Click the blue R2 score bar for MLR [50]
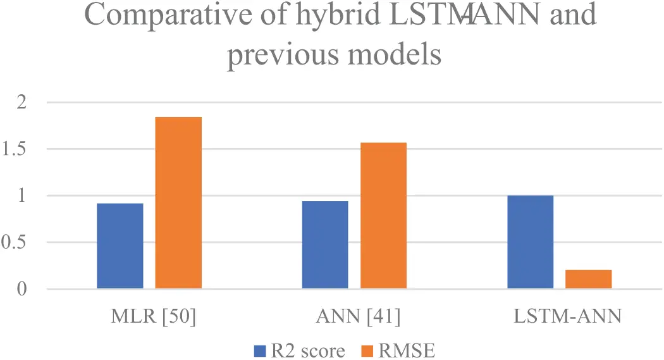tap(120, 246)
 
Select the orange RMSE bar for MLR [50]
tap(178, 203)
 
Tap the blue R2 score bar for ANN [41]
tap(325, 245)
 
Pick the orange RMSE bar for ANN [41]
tap(383, 216)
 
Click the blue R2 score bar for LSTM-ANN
tap(530, 242)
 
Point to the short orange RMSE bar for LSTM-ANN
tap(588, 280)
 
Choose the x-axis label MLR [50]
tap(149, 317)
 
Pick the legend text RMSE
tap(407, 350)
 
